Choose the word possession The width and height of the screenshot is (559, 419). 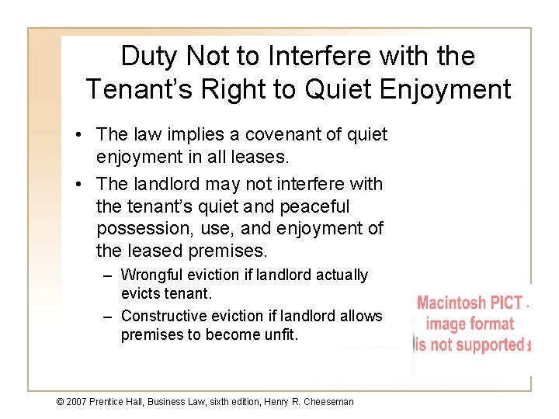pyautogui.click(x=138, y=230)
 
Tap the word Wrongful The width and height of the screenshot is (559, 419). pyautogui.click(x=151, y=275)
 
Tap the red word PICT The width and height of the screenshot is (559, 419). pyautogui.click(x=507, y=303)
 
